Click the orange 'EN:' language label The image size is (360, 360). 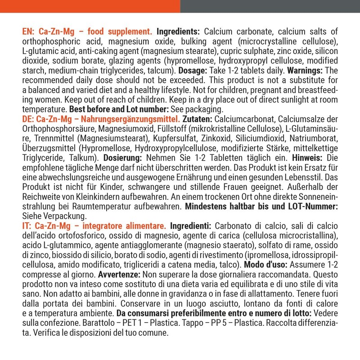click(x=28, y=31)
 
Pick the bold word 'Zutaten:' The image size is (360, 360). click(x=198, y=119)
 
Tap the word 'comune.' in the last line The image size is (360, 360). click(x=153, y=333)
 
